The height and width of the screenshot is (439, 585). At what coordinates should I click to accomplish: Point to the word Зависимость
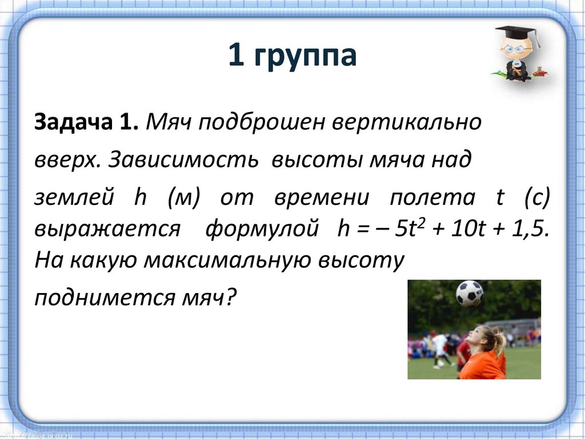[182, 160]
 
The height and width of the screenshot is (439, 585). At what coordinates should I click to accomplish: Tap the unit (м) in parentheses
[182, 199]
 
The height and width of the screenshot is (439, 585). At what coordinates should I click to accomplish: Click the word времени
[321, 198]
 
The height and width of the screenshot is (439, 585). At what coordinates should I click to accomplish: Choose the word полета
[432, 198]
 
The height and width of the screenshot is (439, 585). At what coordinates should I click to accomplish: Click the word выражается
[107, 230]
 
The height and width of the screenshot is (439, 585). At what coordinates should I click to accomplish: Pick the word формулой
[262, 230]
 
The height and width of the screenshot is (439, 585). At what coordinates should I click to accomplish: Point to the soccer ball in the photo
[469, 293]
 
